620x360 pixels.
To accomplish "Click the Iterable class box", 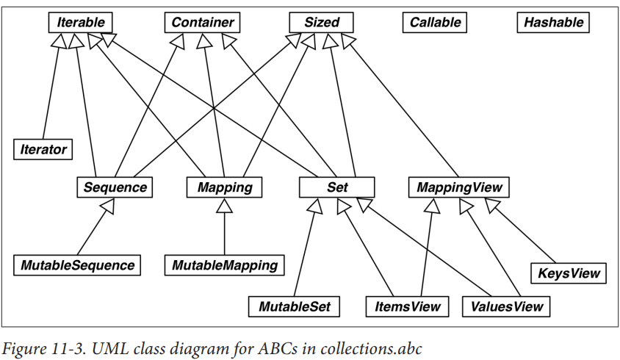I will point(81,22).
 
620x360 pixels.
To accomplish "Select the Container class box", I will point(202,22).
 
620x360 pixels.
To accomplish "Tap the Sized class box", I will point(322,22).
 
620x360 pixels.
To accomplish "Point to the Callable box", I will point(435,22).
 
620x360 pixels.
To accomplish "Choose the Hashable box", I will point(553,22).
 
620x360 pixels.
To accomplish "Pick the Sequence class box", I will point(115,187).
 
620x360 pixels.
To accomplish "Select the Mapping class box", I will point(224,187).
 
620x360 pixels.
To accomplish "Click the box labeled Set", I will point(337,187).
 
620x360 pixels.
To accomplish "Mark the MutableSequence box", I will point(76,264).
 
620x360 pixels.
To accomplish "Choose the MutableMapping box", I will point(224,264).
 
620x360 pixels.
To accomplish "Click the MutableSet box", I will point(295,306).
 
